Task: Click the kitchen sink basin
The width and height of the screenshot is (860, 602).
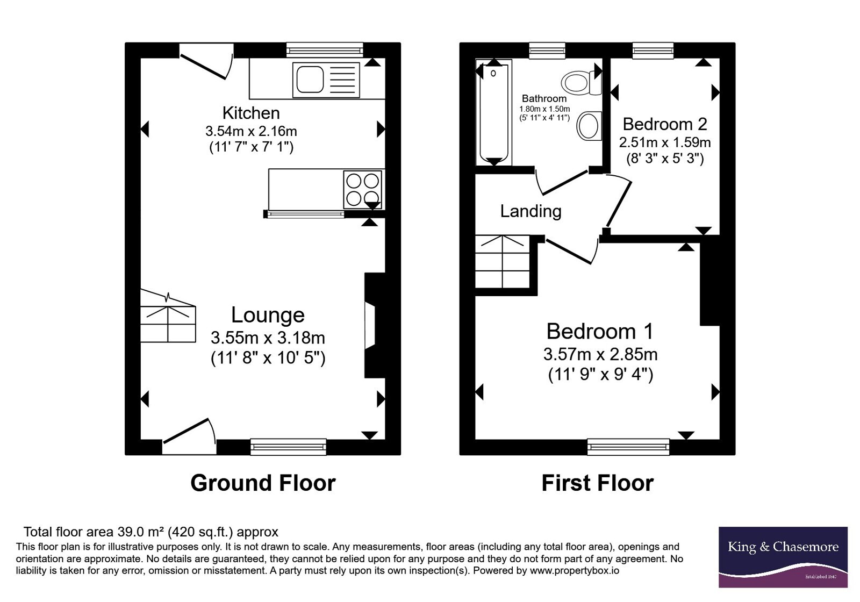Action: point(310,80)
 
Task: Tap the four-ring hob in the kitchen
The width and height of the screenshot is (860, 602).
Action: point(362,190)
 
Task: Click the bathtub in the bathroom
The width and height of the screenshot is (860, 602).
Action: point(494,112)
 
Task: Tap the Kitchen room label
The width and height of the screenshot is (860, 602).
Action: point(251,113)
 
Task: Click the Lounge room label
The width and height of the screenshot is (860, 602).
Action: point(268,315)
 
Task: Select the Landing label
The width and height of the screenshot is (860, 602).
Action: point(531,211)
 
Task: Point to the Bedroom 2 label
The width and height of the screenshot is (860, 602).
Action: point(665,124)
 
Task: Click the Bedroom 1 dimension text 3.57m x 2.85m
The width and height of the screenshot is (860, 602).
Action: point(600,354)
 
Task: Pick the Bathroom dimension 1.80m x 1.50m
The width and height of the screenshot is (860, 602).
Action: point(544,109)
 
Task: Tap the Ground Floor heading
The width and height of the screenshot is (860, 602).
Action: point(263,483)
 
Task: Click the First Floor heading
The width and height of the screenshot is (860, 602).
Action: point(597,483)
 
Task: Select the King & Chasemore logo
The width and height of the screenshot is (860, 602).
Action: point(783,557)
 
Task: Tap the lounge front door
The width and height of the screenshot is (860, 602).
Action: point(189,436)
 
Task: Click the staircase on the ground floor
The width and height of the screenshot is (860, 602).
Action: point(168,316)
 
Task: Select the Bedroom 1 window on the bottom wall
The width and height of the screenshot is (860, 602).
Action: point(628,447)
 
